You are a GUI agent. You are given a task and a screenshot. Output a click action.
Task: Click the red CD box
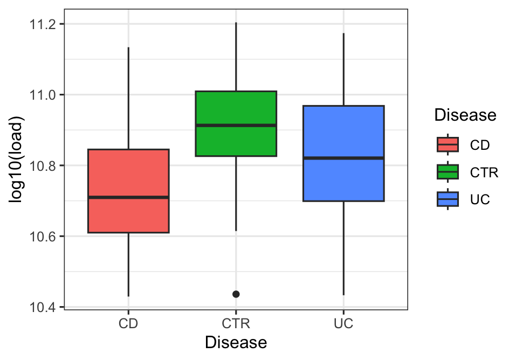128,172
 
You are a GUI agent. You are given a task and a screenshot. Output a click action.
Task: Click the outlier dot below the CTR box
236,294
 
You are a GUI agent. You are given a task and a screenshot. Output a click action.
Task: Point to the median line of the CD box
128,197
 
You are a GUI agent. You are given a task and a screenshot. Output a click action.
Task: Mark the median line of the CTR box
236,125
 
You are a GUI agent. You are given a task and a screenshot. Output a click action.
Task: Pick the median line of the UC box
343,158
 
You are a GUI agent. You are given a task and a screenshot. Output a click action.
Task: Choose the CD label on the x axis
128,324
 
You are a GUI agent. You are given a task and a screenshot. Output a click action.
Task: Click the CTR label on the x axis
236,324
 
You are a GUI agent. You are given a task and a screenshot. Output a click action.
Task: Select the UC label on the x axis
343,324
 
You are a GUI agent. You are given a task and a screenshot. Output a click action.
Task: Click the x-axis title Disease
236,343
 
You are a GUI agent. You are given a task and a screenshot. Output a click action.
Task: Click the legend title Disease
465,115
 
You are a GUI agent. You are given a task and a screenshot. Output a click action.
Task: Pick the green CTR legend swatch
448,172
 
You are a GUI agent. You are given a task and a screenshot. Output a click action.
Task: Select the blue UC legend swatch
448,199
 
